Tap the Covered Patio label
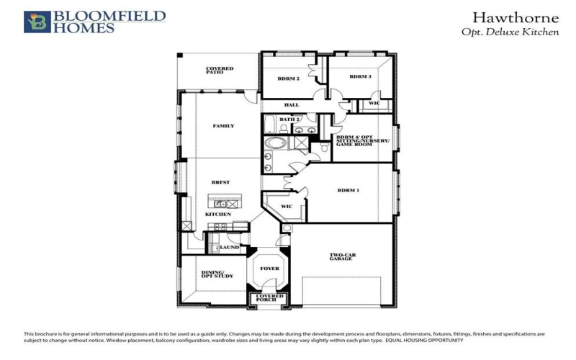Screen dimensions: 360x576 [x=220, y=70]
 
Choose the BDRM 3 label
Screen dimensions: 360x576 [x=360, y=76]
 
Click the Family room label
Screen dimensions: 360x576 [x=223, y=126]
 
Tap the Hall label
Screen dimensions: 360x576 [x=292, y=105]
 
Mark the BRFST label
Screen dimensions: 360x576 [x=220, y=182]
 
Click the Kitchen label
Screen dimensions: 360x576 [x=218, y=215]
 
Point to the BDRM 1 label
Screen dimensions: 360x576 [x=348, y=191]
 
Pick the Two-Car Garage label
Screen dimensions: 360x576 [x=342, y=256]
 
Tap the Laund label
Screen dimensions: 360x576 [x=229, y=247]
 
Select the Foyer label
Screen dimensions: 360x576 [x=269, y=269]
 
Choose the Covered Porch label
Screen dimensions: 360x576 [x=270, y=298]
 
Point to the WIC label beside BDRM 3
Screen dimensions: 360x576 [x=374, y=104]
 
